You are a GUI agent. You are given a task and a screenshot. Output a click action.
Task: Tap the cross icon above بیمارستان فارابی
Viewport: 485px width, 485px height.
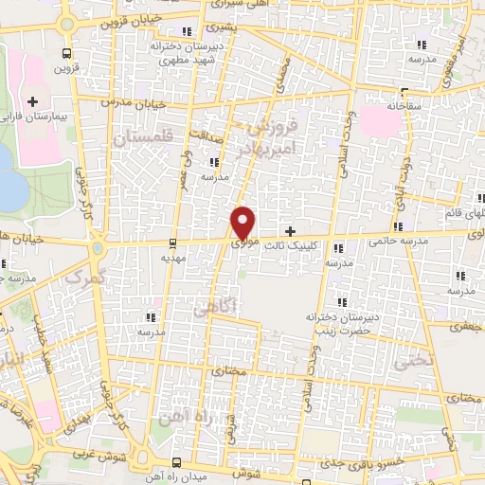(x=33, y=100)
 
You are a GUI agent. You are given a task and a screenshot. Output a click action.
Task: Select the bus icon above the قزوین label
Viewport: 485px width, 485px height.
(x=65, y=54)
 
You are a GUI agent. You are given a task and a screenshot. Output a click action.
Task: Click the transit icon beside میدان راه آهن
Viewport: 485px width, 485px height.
(x=178, y=462)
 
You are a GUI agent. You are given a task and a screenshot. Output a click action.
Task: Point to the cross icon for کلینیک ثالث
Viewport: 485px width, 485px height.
(x=290, y=231)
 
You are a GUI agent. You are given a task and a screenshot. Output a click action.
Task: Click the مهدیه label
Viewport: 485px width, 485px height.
(x=171, y=256)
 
